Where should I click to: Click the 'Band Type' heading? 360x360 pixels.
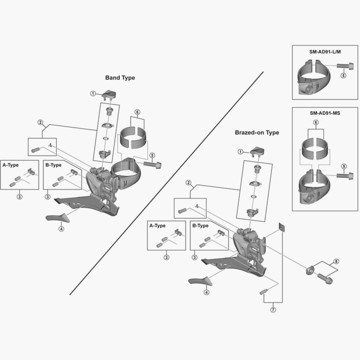[x=120, y=77]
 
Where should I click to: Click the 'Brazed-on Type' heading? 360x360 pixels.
[x=257, y=132]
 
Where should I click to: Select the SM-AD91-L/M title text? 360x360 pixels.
[x=325, y=52]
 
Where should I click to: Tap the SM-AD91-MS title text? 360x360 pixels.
[x=325, y=113]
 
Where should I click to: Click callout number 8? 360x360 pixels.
[x=336, y=261]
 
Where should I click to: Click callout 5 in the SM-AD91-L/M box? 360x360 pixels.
[x=343, y=76]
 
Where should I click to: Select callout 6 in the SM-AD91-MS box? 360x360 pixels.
[x=316, y=122]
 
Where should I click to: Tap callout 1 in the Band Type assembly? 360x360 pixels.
[x=93, y=94]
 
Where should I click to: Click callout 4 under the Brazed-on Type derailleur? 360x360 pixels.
[x=206, y=292]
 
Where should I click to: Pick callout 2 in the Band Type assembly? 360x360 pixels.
[x=40, y=122]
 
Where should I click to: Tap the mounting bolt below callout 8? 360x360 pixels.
[x=325, y=278]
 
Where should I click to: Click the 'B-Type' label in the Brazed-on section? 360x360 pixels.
[x=200, y=226]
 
